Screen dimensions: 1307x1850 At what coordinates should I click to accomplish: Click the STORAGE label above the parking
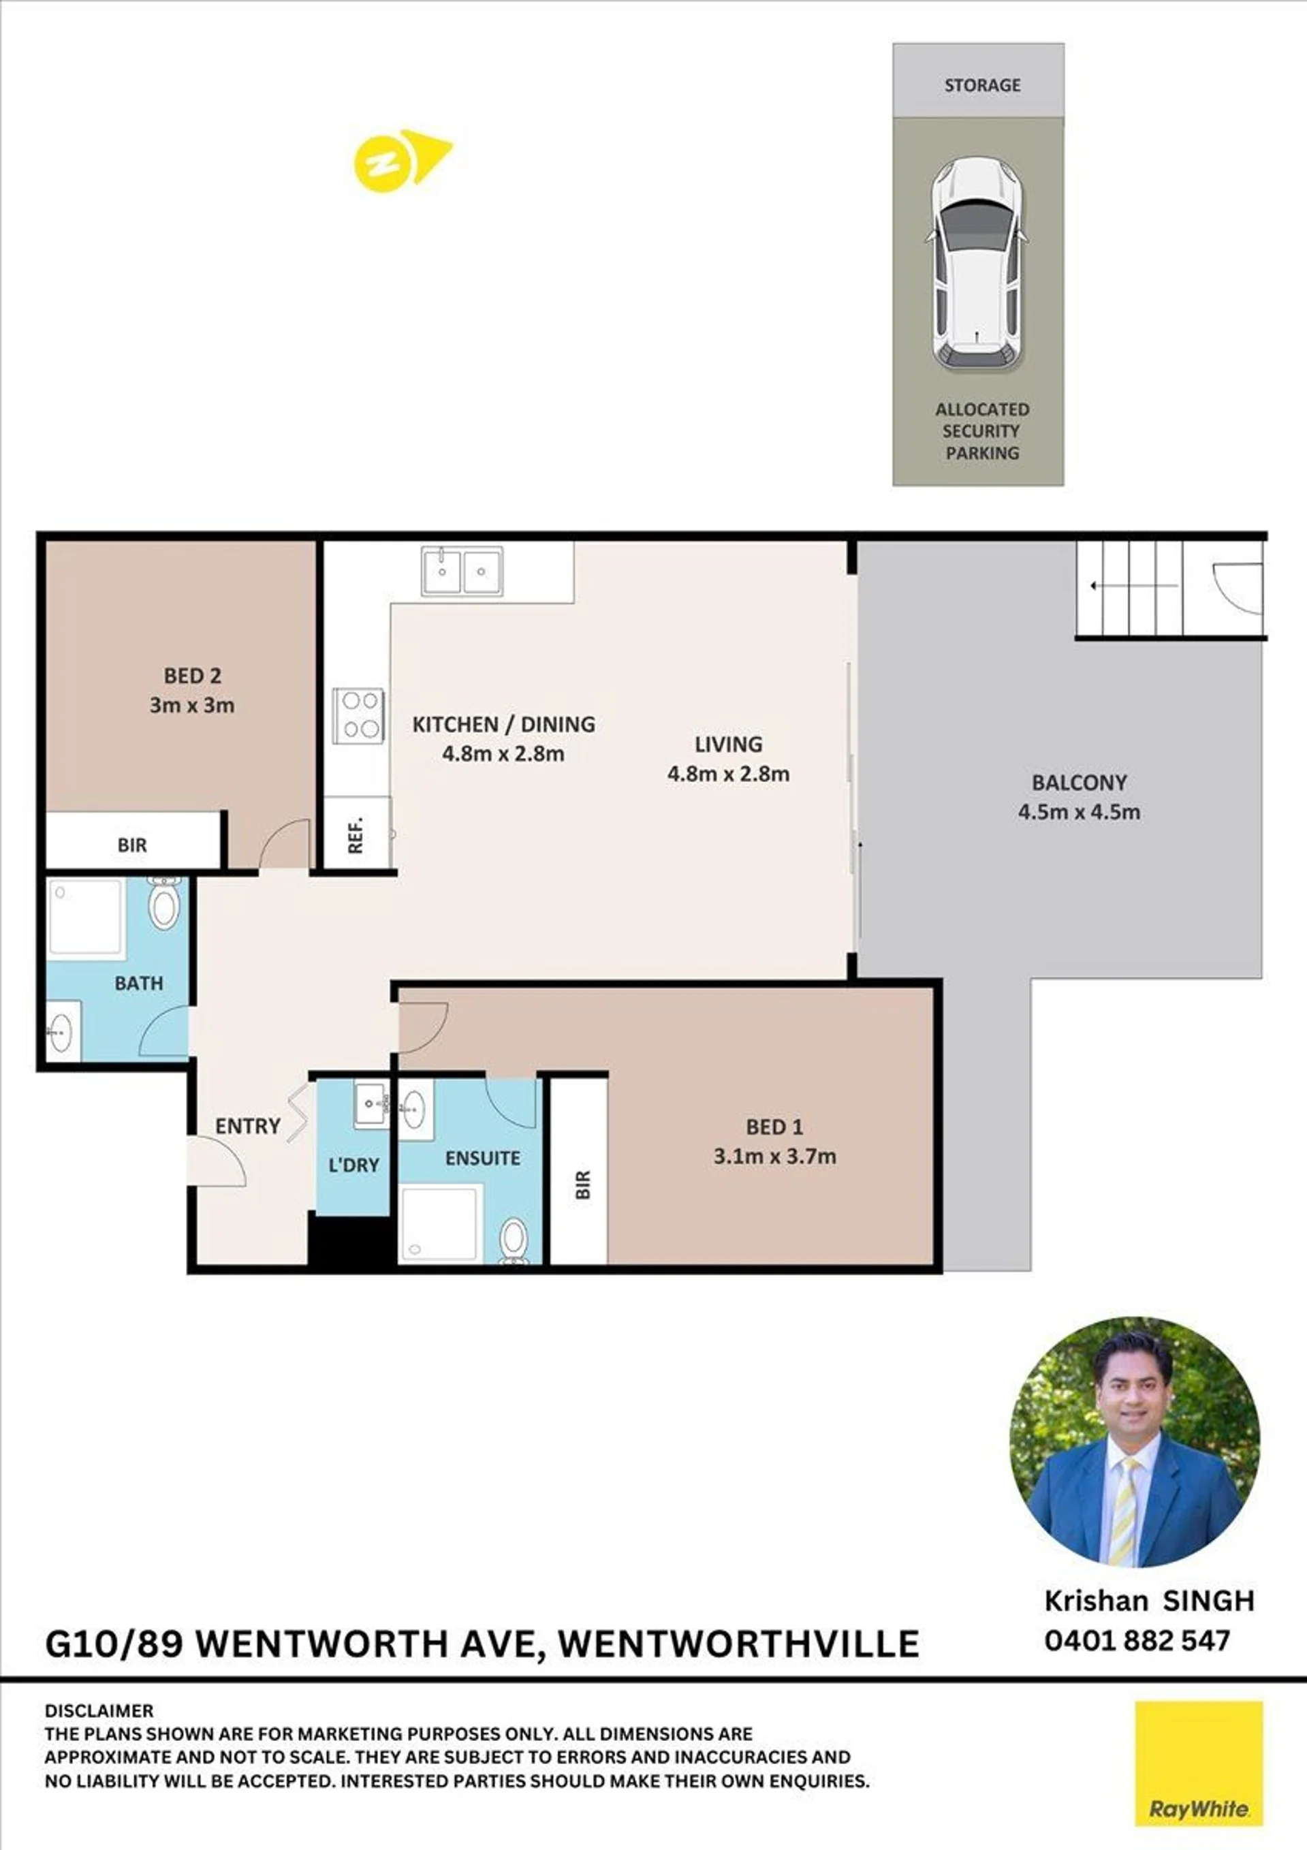click(x=982, y=84)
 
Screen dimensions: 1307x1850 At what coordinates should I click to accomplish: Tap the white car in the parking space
click(x=978, y=264)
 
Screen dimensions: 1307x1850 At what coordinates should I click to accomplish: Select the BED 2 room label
click(x=192, y=675)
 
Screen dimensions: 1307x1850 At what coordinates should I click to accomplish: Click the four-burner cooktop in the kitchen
click(x=360, y=715)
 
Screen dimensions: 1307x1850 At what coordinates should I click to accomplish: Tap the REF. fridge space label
click(x=356, y=835)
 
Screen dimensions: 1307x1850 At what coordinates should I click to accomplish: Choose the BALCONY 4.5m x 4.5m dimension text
click(x=1079, y=811)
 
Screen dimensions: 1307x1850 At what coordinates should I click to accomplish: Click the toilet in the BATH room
click(x=164, y=903)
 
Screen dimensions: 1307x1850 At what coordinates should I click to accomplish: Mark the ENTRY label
click(x=247, y=1126)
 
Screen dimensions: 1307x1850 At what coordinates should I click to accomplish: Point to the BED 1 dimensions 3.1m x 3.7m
click(x=775, y=1157)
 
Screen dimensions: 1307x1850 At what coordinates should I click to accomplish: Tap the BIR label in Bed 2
click(x=132, y=845)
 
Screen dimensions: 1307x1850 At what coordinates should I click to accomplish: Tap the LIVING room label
click(x=729, y=744)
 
